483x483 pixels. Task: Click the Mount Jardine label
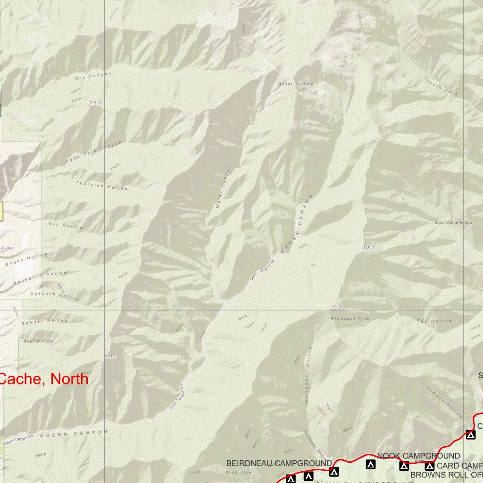[295, 84]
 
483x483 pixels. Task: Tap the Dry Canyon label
[93, 75]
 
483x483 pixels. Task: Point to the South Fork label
[441, 88]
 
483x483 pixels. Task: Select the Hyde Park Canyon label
[93, 152]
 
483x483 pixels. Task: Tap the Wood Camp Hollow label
[453, 223]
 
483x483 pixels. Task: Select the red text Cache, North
[43, 378]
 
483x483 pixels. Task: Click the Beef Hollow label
[39, 341]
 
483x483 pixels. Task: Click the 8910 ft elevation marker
[336, 307]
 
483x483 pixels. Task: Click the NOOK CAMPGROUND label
[418, 456]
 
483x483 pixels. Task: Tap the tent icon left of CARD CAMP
[429, 466]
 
